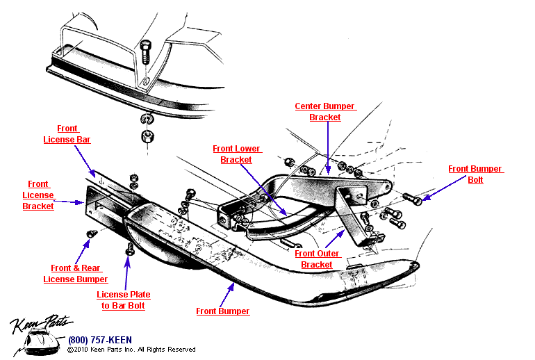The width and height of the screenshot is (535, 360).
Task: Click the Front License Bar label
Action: click(67, 134)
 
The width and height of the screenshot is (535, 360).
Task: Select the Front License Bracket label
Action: click(38, 195)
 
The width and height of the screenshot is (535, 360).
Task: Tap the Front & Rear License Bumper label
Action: click(76, 274)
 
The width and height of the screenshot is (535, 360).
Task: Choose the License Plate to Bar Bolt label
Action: click(123, 300)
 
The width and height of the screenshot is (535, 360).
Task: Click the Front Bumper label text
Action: click(222, 311)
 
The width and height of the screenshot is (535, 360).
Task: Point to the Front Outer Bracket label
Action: click(317, 259)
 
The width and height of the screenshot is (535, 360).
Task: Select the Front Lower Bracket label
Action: click(236, 154)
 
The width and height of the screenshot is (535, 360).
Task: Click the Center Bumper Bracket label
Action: click(325, 112)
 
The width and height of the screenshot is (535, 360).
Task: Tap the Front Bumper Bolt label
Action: click(475, 174)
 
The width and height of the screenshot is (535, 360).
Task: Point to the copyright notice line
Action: click(131, 350)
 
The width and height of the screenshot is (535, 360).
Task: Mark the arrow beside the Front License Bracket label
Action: click(70, 202)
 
